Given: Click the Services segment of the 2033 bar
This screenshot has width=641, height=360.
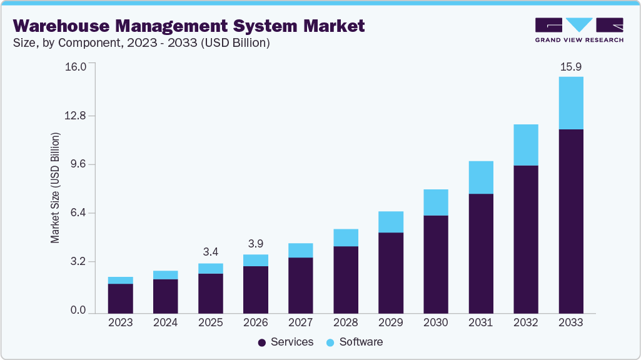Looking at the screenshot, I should click(x=570, y=221).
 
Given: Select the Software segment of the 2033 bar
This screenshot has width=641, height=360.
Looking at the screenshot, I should click(x=570, y=103).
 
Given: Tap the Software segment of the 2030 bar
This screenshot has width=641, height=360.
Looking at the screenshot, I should click(x=435, y=202).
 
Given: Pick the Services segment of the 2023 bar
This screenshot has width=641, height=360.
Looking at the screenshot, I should click(x=120, y=298).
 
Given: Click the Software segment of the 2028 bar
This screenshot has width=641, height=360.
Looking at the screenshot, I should click(x=345, y=237).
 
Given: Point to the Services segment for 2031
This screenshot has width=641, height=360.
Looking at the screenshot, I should click(x=480, y=253).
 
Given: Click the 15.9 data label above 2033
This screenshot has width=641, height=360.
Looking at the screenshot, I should click(x=570, y=67).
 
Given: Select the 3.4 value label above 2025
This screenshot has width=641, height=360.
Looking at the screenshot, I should click(x=210, y=252).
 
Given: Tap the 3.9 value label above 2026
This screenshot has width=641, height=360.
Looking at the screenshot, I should click(x=255, y=243).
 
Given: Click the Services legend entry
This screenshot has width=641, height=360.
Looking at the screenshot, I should click(x=285, y=342).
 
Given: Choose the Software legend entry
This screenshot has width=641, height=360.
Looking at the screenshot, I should click(x=354, y=342).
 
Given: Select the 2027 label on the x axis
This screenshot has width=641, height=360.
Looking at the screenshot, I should click(x=300, y=322).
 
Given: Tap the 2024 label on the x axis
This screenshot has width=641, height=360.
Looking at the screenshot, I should click(x=165, y=322).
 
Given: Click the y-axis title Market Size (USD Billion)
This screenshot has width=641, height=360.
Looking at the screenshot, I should click(x=55, y=188).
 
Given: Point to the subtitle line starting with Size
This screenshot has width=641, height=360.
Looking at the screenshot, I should click(x=141, y=43).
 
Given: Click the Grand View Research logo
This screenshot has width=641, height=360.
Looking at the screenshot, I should click(x=578, y=30).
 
